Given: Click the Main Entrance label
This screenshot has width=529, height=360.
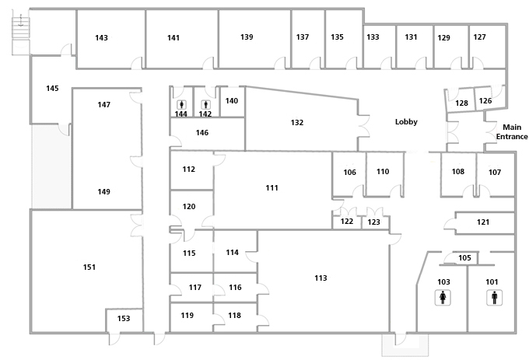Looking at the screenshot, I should [512, 131].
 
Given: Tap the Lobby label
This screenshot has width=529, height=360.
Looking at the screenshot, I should [406, 121].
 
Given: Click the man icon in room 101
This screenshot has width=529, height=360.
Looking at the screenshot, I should [492, 296].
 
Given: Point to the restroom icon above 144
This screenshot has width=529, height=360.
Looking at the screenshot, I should [181, 103].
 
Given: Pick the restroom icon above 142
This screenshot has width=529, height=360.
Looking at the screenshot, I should [205, 103].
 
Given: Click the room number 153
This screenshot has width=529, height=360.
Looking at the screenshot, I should [124, 319].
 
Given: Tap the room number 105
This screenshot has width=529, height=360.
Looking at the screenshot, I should [464, 258].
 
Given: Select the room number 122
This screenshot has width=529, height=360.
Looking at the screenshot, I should [347, 222].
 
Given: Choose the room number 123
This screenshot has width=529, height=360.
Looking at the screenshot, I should [374, 222].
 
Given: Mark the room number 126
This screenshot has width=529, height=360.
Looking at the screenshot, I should [485, 100].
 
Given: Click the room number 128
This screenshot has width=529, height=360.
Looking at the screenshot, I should [461, 103].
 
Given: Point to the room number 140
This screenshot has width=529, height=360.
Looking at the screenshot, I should [231, 100].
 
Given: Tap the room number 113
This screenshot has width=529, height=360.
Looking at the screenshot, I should [321, 278].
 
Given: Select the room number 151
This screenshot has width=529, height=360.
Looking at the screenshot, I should [89, 267].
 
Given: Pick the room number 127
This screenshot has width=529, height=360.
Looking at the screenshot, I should [480, 37].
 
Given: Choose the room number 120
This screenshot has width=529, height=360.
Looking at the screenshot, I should [189, 206].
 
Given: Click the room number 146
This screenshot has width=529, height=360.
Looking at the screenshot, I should [202, 133].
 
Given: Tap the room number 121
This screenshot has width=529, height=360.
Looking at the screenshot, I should [483, 222].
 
